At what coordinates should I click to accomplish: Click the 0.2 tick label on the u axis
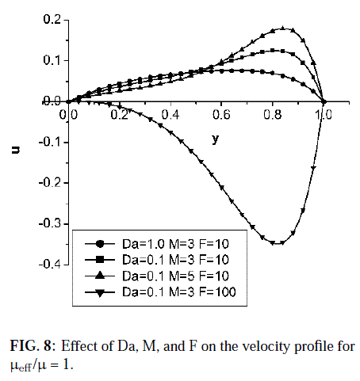(x=52, y=20)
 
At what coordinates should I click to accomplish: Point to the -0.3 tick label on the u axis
(x=50, y=223)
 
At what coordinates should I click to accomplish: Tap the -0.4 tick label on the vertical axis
(x=50, y=264)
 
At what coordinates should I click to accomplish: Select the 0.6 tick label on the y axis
(x=221, y=115)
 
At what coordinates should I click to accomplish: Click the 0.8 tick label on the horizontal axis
(x=273, y=115)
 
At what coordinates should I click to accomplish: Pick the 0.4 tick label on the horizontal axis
(x=170, y=115)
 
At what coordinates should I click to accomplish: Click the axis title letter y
(x=216, y=139)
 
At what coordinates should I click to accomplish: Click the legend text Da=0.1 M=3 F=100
(x=179, y=292)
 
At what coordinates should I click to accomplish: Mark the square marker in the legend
(x=100, y=260)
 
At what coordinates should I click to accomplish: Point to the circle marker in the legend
(x=100, y=244)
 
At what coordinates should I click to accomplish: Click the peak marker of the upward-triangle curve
(x=283, y=28)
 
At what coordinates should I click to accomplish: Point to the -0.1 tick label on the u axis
(x=50, y=142)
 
